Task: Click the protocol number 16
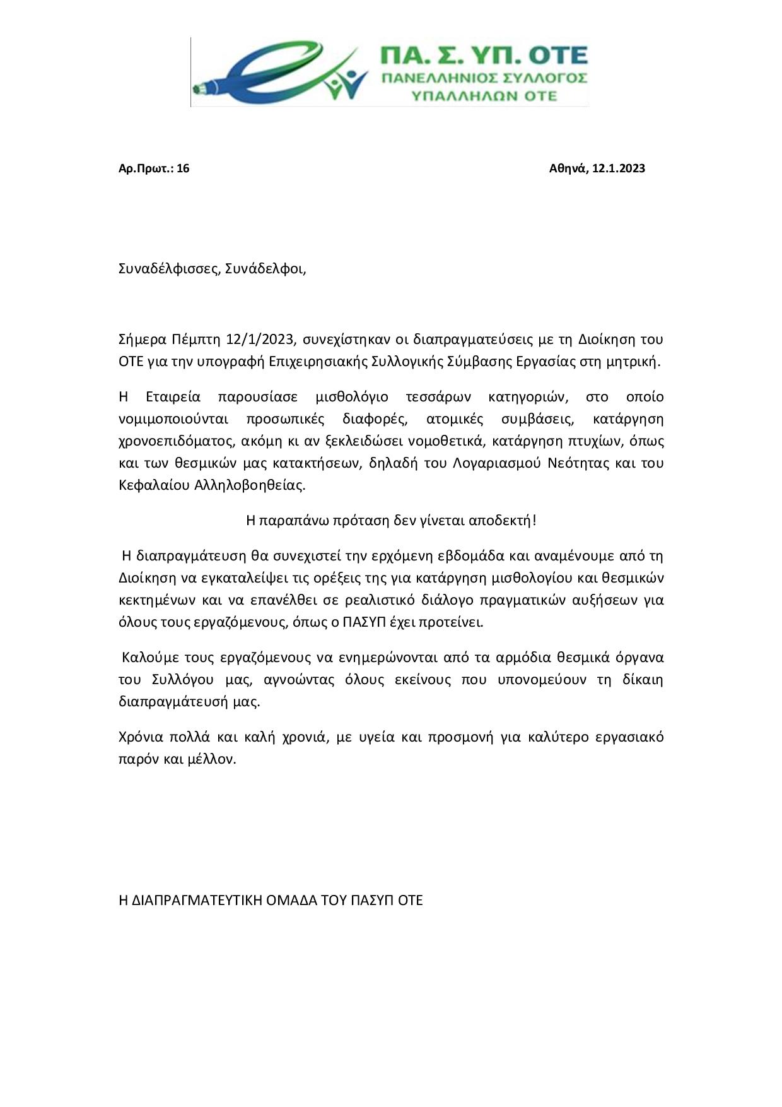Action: pyautogui.click(x=183, y=168)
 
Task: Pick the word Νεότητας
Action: pyautogui.click(x=573, y=463)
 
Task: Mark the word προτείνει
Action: pyautogui.click(x=455, y=622)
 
